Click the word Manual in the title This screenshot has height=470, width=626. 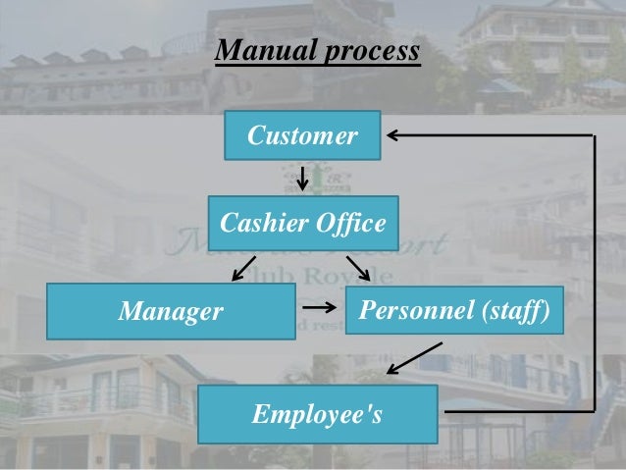pos(258,52)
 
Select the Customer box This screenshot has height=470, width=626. pos(302,136)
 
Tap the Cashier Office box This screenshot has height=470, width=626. pos(302,224)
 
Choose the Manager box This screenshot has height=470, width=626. pos(172,312)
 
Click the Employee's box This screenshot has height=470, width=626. pos(317,414)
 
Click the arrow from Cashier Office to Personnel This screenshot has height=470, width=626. pos(357,267)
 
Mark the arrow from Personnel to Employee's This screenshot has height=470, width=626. pos(414,359)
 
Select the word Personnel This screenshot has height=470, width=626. pos(416,312)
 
